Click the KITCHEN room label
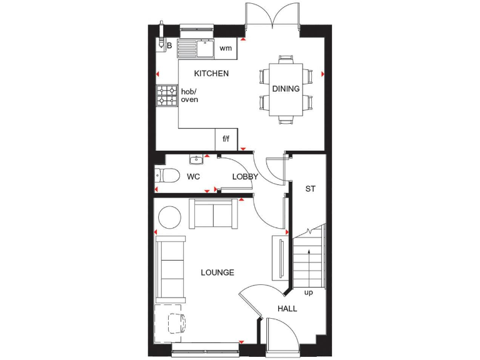click(x=211, y=74)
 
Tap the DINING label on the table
click(x=286, y=89)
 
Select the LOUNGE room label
click(x=217, y=272)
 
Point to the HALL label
click(x=287, y=309)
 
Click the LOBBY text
click(x=245, y=177)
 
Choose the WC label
click(x=193, y=177)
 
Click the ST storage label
click(x=310, y=189)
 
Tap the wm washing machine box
click(x=226, y=48)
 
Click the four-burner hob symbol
click(x=167, y=95)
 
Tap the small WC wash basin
click(x=196, y=159)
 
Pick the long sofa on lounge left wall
click(x=170, y=269)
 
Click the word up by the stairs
click(x=308, y=292)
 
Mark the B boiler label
click(x=169, y=45)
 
